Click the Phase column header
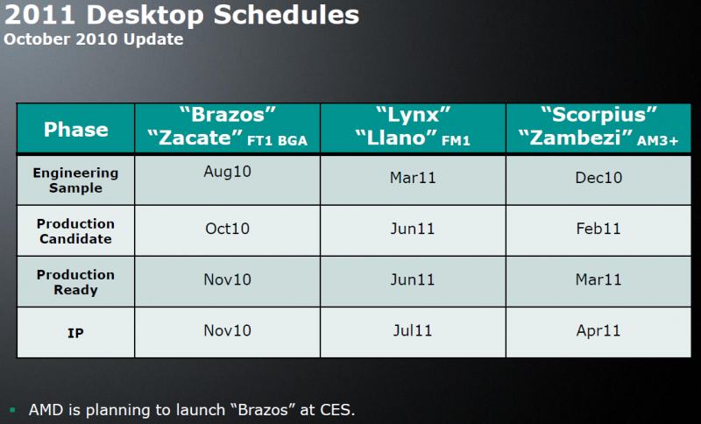76,130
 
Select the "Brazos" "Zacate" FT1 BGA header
228,128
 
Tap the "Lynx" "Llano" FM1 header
413,128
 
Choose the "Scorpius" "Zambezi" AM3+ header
598,128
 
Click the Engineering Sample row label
75,180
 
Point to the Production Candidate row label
75,231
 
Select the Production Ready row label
75,282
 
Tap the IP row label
75,332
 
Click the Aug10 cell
228,172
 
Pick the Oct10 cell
228,229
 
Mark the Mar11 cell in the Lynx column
413,178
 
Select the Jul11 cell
413,332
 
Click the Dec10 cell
598,178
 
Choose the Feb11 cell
598,229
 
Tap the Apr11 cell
598,332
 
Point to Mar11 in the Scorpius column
598,280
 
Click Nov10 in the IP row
228,332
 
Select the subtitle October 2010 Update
94,39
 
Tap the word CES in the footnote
336,409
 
